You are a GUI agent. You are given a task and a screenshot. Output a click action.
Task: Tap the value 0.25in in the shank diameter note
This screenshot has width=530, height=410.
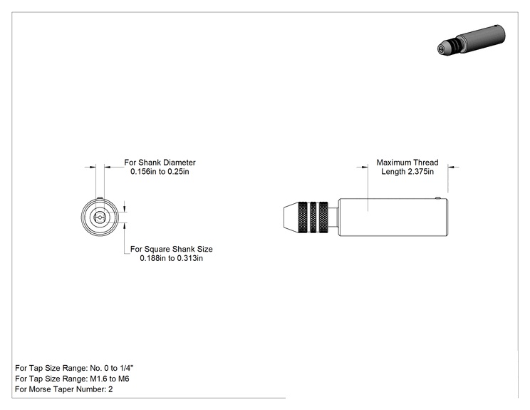pos(178,172)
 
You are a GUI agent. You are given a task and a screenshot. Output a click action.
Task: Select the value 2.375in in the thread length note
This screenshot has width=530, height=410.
pos(420,172)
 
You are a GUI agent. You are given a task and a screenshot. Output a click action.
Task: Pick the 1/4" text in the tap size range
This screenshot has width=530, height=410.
pos(127,368)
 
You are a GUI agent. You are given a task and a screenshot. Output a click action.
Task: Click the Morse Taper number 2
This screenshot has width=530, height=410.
pos(110,389)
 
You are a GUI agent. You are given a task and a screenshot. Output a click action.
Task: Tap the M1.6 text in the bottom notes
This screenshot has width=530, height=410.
pos(98,379)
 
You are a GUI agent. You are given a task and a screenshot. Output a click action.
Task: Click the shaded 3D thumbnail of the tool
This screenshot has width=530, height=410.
pos(471,40)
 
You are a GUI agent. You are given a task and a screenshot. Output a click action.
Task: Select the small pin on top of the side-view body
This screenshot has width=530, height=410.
pos(438,198)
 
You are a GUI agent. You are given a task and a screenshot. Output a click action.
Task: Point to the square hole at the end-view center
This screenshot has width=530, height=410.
pos(100,217)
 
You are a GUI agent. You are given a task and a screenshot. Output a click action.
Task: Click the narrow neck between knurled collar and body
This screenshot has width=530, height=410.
pos(333,217)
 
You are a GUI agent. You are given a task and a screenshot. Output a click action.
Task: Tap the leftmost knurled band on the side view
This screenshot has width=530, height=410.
pos(303,217)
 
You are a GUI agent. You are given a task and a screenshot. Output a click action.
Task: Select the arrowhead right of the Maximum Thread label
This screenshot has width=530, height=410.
pos(452,167)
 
